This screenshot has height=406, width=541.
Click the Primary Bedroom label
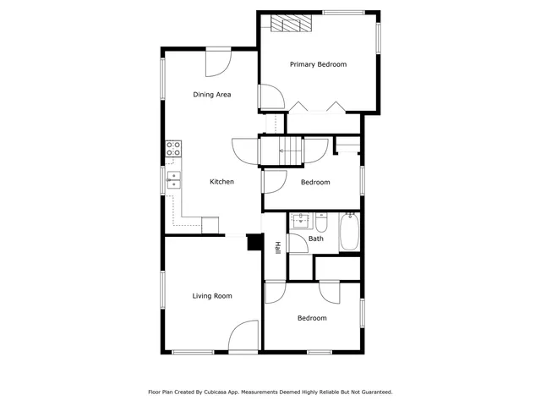[318, 64]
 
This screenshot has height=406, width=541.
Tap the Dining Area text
[211, 95]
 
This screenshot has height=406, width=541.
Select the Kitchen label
[221, 182]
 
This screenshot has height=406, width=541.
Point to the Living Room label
[211, 296]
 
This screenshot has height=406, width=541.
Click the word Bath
[315, 239]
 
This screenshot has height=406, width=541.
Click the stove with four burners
[173, 151]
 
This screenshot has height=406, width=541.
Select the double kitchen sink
[172, 178]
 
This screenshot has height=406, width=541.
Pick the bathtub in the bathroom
[350, 232]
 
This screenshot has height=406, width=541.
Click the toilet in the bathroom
[322, 223]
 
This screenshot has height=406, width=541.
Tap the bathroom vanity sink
[301, 222]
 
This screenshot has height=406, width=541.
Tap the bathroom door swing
[298, 242]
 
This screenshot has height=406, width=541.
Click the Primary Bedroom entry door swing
[270, 98]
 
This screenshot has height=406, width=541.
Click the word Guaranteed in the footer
[374, 392]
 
